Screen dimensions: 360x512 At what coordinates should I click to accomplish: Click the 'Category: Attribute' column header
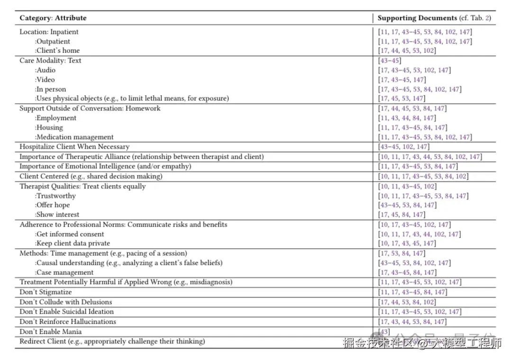pyautogui.click(x=53, y=18)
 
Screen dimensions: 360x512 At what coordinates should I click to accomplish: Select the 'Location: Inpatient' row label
pyautogui.click(x=49, y=32)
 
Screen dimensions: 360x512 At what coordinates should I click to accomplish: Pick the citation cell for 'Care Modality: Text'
pyautogui.click(x=389, y=61)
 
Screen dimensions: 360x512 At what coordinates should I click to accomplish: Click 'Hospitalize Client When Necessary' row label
pyautogui.click(x=74, y=147)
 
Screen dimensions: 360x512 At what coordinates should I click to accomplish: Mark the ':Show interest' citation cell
pyautogui.click(x=402, y=215)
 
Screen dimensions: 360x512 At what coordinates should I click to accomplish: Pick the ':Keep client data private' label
pyautogui.click(x=72, y=243)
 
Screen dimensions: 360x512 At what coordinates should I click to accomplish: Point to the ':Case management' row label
pyautogui.click(x=64, y=272)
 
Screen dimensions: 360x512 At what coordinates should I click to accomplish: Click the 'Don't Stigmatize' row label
pyautogui.click(x=46, y=292)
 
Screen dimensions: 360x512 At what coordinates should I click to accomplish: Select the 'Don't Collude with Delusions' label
pyautogui.click(x=66, y=302)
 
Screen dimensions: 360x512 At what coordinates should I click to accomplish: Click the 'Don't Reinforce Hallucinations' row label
pyautogui.click(x=68, y=322)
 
